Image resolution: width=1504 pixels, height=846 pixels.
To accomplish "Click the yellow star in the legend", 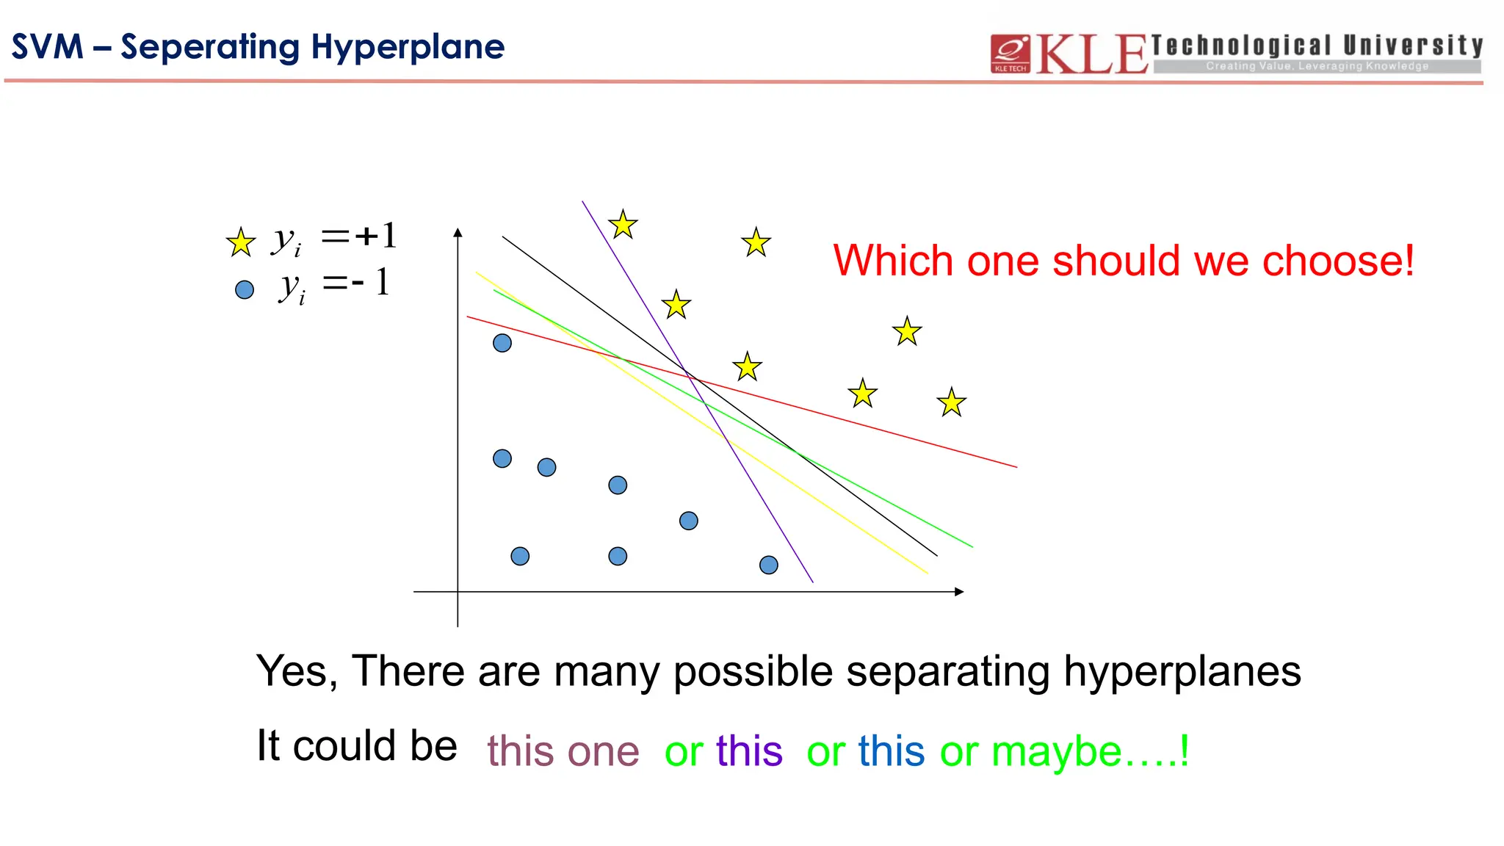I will pos(240,242).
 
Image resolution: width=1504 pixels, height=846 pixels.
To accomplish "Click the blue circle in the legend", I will pos(244,289).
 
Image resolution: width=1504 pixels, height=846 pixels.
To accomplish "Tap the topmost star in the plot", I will pos(623,225).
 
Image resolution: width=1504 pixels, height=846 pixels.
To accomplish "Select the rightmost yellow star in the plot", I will pos(951,402).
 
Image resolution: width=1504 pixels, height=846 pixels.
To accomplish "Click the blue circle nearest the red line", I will pos(502,343).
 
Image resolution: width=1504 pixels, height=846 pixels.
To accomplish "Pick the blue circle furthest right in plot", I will pos(768,565).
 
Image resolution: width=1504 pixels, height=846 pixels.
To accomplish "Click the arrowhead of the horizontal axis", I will pos(958,592).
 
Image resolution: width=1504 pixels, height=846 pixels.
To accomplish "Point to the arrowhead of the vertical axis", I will pos(458,233).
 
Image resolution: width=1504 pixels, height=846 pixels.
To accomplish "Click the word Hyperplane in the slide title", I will pos(408,47).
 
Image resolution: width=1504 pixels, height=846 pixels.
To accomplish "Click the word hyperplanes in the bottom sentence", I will pos(1182,671).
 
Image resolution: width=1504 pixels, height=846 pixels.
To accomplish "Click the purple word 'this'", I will pos(749,751).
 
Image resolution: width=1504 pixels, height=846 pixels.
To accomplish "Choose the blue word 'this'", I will pos(891,751).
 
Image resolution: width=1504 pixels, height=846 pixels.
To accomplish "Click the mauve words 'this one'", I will pos(563,751).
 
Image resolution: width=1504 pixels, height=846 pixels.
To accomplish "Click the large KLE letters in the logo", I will pos(1091,54).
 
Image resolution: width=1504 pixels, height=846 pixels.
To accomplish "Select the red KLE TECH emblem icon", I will pos(1010,54).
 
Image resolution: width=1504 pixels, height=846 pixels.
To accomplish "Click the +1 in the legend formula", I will pos(375,236).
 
